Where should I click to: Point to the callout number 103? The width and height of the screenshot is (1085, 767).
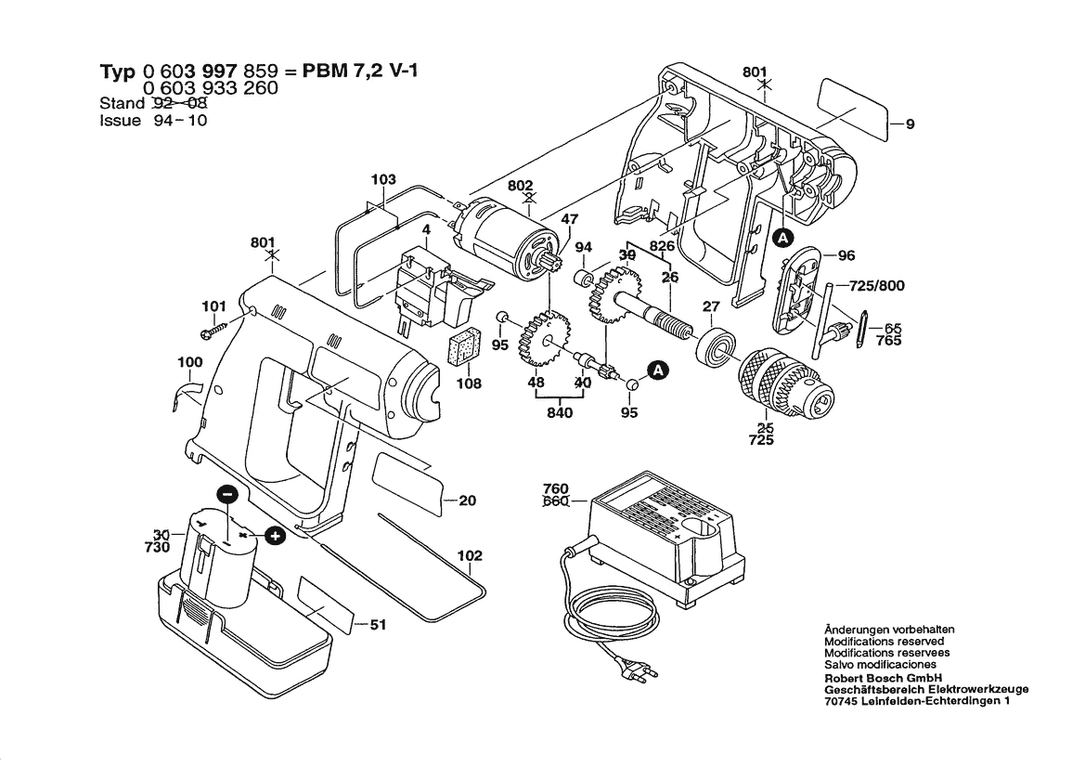click(x=383, y=179)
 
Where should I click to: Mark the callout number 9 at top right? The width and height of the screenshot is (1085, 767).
click(x=911, y=124)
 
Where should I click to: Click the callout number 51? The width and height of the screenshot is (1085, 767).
click(x=377, y=626)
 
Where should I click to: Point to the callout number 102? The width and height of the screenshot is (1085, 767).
click(x=470, y=556)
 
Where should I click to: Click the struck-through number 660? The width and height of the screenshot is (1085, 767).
click(x=555, y=503)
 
